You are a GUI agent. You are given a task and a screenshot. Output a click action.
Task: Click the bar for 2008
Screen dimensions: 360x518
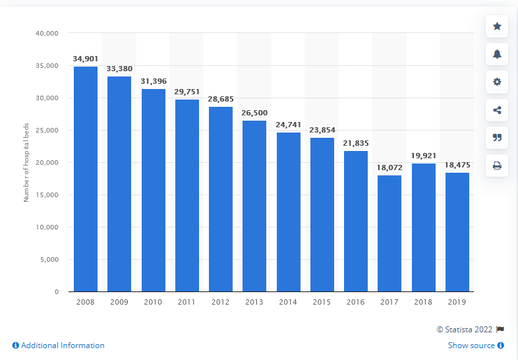pyautogui.click(x=86, y=179)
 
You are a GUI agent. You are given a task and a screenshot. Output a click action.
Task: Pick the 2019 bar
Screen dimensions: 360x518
pyautogui.click(x=457, y=231)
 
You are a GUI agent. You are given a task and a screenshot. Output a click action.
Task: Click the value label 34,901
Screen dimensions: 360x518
pyautogui.click(x=86, y=59)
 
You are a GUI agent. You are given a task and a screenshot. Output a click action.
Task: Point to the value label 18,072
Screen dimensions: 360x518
pyautogui.click(x=389, y=167)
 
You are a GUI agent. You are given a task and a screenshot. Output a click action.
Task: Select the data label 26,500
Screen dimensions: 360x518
pyautogui.click(x=254, y=113)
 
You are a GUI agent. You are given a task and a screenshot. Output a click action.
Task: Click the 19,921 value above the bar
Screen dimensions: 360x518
pyautogui.click(x=424, y=156)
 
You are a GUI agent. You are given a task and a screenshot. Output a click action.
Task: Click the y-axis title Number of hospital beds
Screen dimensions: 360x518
pyautogui.click(x=27, y=162)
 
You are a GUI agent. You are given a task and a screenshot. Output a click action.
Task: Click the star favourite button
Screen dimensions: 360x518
pyautogui.click(x=497, y=26)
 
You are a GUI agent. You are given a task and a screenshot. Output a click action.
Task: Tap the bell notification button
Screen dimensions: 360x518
pyautogui.click(x=497, y=54)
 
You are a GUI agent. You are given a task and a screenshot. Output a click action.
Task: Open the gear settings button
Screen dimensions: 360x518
pyautogui.click(x=497, y=82)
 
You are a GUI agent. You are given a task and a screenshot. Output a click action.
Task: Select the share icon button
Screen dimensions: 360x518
pyautogui.click(x=497, y=110)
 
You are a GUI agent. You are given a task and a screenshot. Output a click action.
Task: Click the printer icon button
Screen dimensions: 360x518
pyautogui.click(x=497, y=165)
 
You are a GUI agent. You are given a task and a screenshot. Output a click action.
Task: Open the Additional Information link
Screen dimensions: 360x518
pyautogui.click(x=58, y=345)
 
